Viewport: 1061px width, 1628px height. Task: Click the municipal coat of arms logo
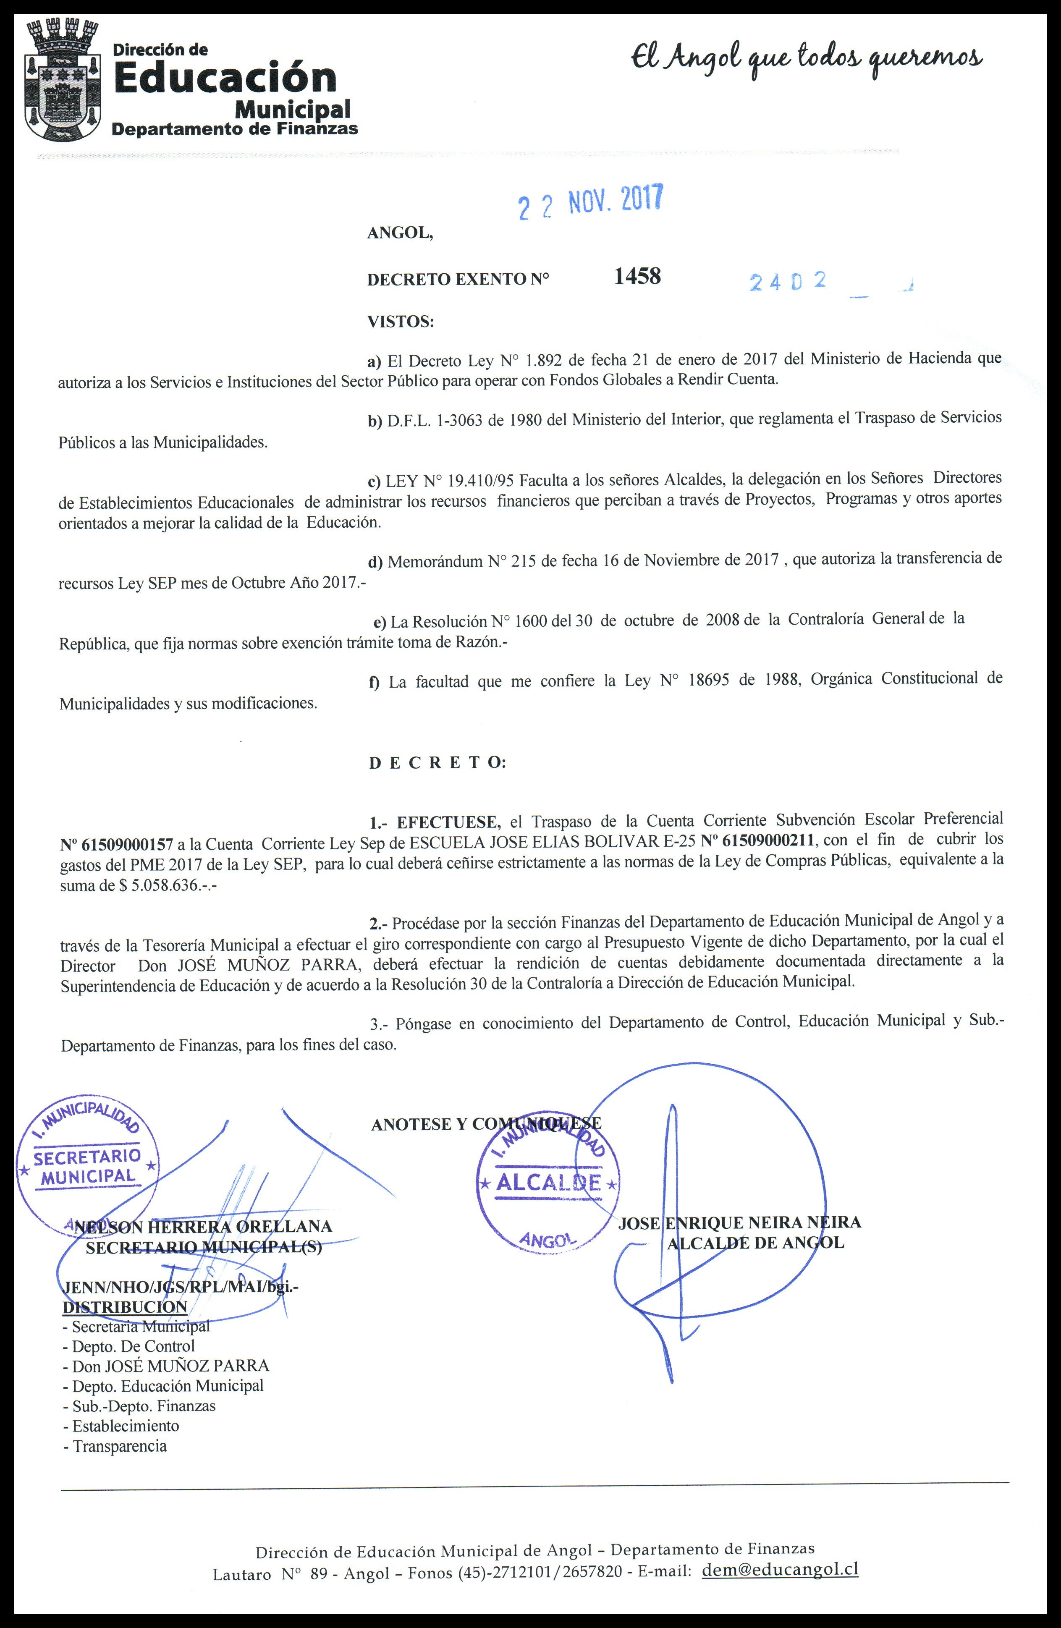pyautogui.click(x=62, y=80)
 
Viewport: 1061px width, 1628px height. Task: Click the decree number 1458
pyautogui.click(x=637, y=276)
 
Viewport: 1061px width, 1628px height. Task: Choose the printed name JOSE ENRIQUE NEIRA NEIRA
pyautogui.click(x=739, y=1222)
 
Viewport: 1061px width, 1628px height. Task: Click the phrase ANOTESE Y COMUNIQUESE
pyautogui.click(x=486, y=1124)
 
